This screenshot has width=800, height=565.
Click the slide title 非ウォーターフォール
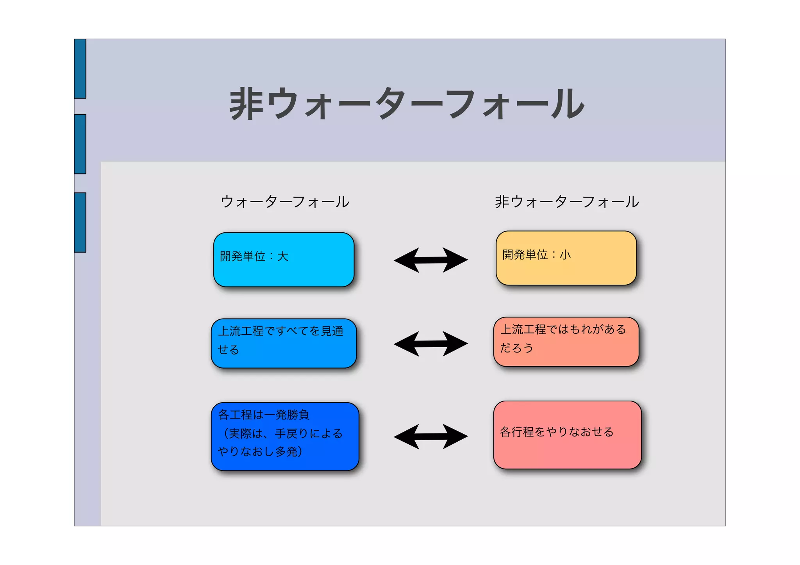(x=406, y=103)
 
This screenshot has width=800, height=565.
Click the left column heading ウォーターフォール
(x=285, y=202)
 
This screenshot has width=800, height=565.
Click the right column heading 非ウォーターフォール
(x=566, y=202)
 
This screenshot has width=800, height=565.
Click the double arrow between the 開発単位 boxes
(x=430, y=260)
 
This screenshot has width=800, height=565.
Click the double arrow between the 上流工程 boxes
(x=430, y=344)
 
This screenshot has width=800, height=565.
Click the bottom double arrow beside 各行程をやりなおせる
(x=430, y=437)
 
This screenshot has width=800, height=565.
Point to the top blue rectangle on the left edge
(x=80, y=69)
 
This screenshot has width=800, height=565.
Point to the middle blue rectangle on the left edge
(x=80, y=144)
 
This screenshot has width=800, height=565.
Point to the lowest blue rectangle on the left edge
(x=80, y=222)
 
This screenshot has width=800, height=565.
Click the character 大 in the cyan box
(x=282, y=257)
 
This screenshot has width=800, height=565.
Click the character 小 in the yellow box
(x=565, y=255)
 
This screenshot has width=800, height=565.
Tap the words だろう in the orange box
(x=516, y=348)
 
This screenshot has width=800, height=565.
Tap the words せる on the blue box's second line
(x=228, y=349)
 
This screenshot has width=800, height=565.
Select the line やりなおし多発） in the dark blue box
(x=260, y=452)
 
